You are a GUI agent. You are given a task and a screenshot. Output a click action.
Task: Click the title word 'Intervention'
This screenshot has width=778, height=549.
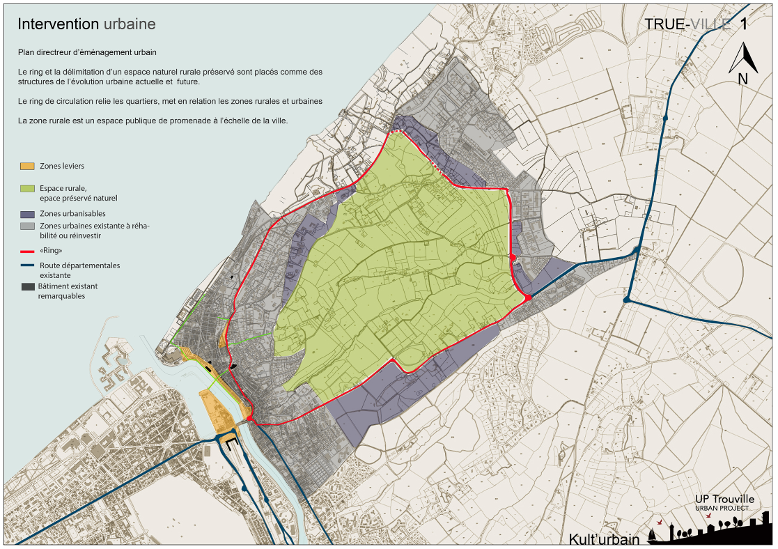click(59, 24)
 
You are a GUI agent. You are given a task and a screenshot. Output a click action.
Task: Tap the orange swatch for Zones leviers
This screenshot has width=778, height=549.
click(28, 167)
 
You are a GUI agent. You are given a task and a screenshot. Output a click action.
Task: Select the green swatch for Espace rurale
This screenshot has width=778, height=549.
click(28, 189)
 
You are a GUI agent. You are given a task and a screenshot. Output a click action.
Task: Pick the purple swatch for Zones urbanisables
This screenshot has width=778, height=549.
click(28, 214)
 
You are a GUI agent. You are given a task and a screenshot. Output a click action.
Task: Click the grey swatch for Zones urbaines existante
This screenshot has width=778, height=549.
click(28, 226)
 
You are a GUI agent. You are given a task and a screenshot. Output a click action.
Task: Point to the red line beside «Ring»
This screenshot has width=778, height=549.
click(28, 252)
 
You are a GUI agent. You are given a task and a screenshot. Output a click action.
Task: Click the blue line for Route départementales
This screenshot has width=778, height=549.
click(28, 265)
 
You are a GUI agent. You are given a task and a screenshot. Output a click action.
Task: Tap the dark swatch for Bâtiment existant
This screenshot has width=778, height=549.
click(28, 286)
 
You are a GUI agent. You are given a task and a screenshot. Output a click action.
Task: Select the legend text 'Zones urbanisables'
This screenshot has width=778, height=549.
click(73, 214)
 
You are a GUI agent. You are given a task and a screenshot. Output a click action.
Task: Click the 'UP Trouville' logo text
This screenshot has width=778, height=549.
click(724, 500)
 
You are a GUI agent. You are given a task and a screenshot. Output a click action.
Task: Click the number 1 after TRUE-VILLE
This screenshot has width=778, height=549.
click(744, 24)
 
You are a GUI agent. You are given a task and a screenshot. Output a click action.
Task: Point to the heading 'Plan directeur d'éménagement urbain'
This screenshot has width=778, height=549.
click(87, 52)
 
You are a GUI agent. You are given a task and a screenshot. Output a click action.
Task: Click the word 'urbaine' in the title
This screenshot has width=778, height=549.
click(130, 24)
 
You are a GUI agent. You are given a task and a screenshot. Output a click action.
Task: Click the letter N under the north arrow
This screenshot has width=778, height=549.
click(742, 79)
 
